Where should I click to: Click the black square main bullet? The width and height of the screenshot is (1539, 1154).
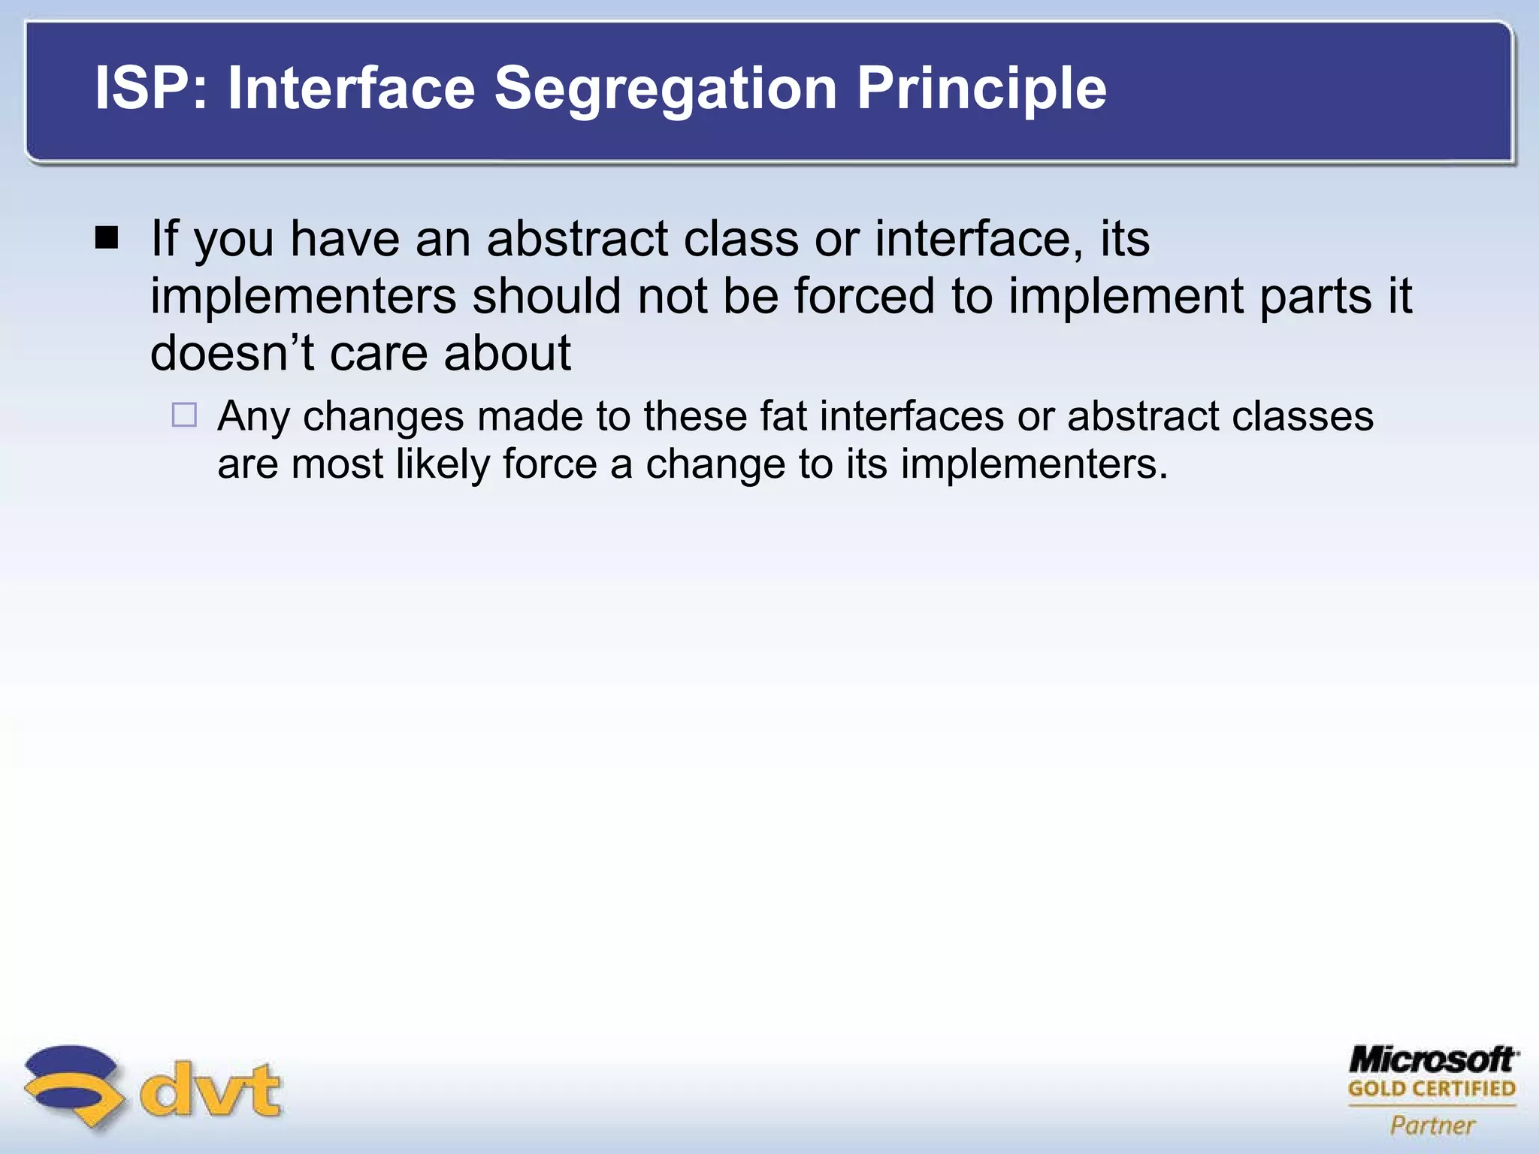[107, 238]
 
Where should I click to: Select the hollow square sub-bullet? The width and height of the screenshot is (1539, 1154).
[184, 415]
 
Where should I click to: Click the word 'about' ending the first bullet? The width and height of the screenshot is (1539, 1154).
[507, 353]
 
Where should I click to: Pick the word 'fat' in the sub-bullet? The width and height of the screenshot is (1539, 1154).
[783, 416]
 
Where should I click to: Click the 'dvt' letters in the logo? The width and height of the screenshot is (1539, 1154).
[211, 1089]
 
